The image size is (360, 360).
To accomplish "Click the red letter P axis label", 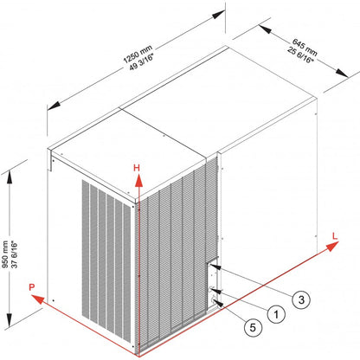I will (31, 286).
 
